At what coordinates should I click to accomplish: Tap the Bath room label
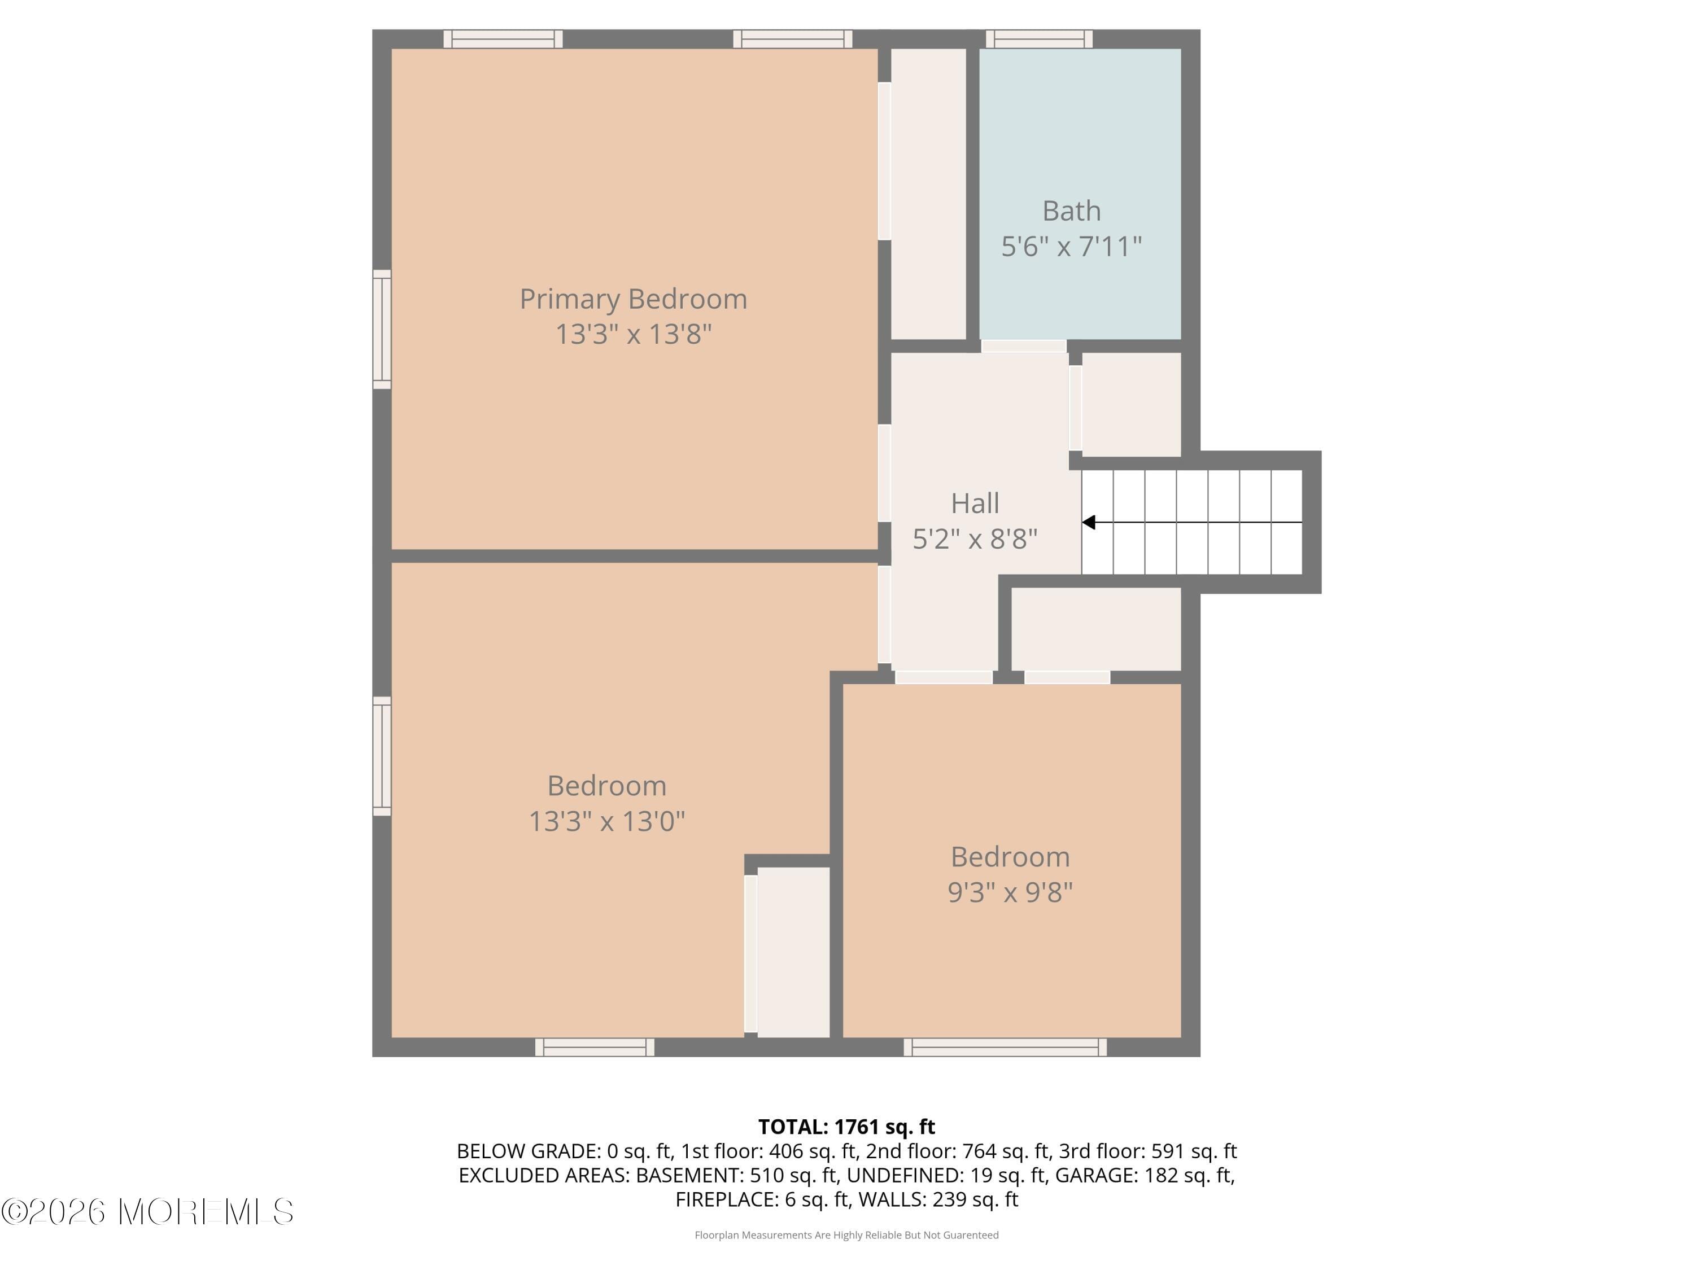[1071, 211]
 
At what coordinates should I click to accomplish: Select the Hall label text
[974, 503]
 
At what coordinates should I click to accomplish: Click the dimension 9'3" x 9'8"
[1010, 892]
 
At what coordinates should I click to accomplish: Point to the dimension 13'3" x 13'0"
[606, 821]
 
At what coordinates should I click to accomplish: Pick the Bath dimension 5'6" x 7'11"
[1071, 247]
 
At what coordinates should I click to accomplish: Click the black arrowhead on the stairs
[1088, 522]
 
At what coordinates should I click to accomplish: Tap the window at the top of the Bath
[1038, 39]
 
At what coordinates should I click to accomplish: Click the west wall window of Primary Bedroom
[381, 329]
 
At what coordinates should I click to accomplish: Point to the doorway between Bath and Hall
[1023, 346]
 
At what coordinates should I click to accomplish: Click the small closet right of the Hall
[1130, 404]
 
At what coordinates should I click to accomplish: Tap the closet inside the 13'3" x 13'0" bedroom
[793, 952]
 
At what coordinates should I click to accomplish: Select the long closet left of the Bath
[928, 193]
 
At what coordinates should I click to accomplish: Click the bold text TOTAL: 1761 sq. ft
[846, 1127]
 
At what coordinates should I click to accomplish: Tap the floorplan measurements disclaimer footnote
[846, 1235]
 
